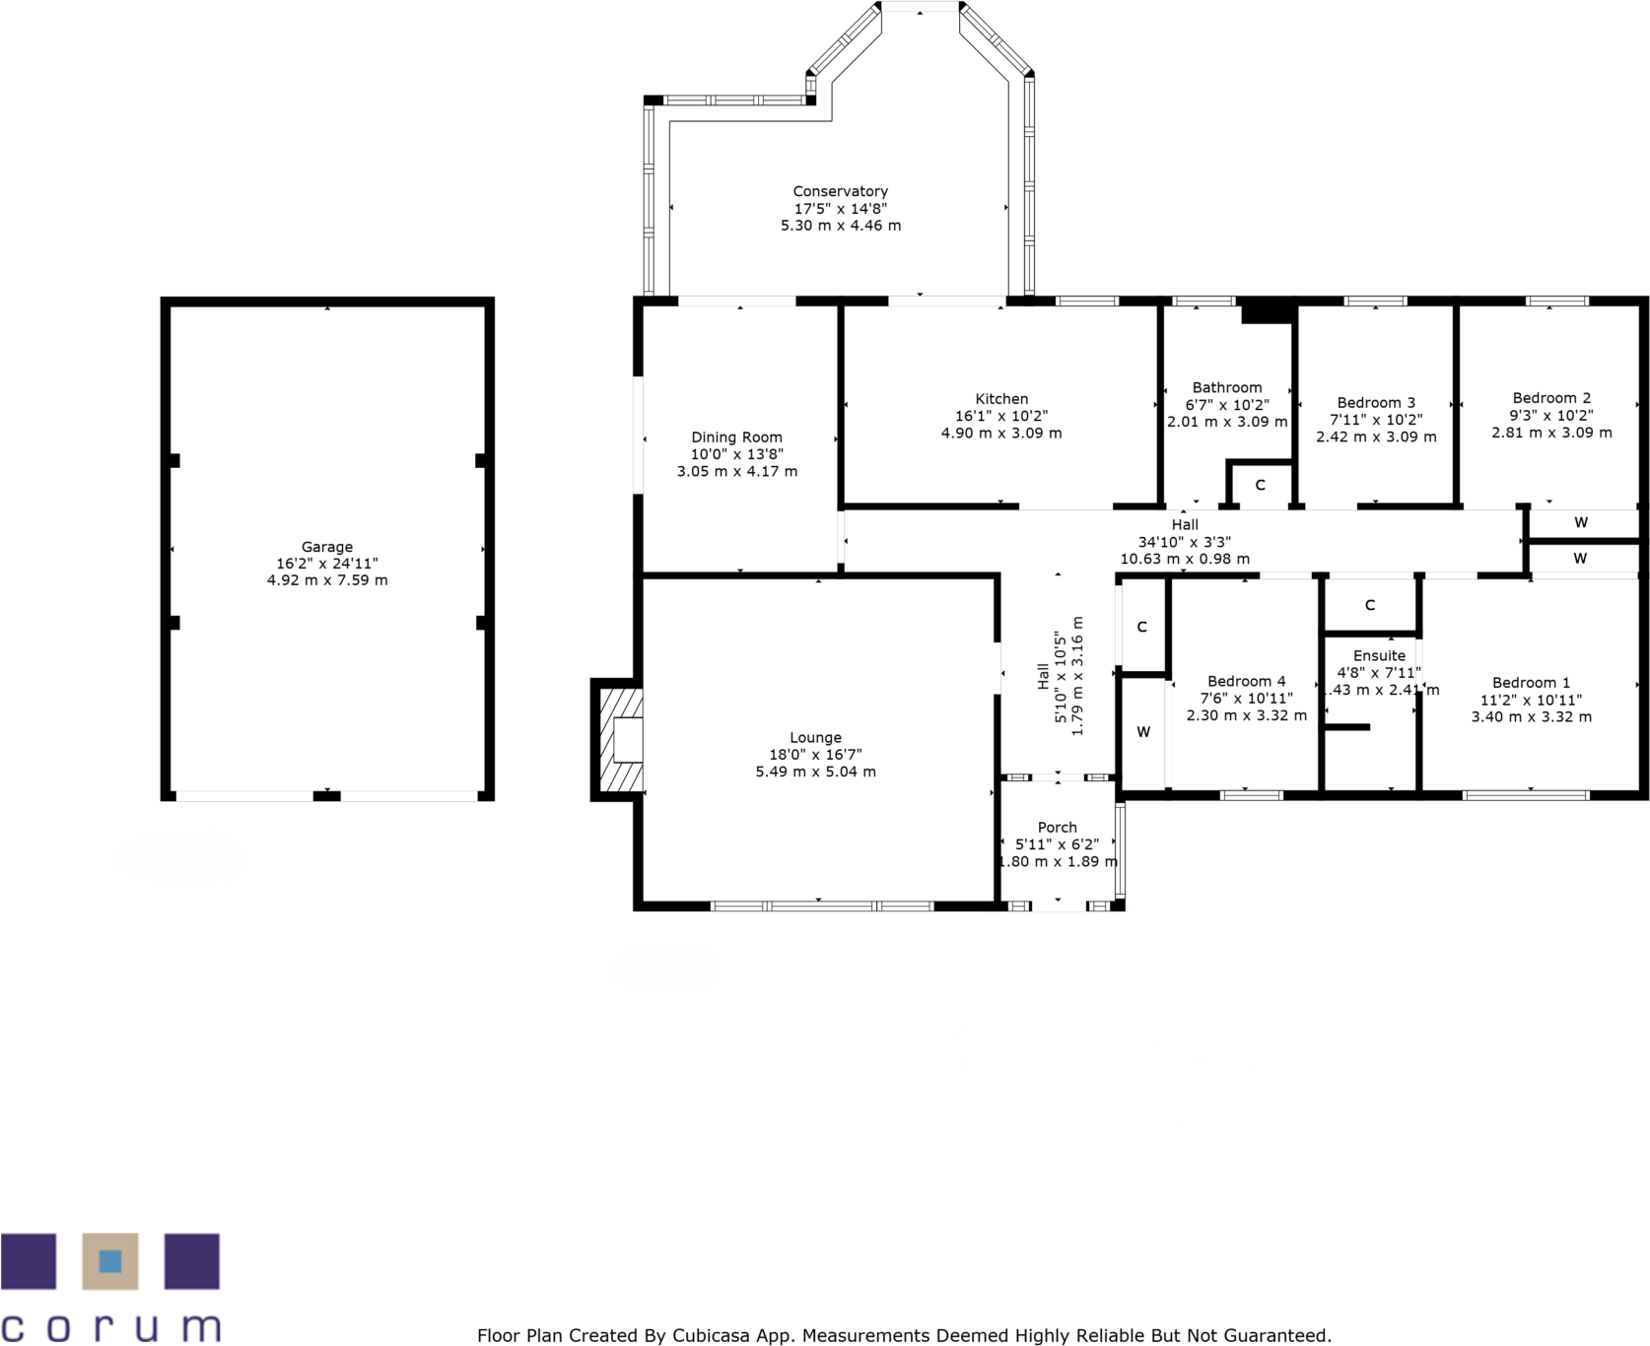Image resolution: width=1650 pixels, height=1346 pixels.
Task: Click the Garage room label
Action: [326, 547]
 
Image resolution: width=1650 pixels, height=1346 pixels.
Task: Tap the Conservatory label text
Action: [840, 191]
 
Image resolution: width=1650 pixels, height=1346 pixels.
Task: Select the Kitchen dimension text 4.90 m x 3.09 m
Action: [1001, 433]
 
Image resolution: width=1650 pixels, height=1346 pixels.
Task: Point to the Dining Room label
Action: [736, 437]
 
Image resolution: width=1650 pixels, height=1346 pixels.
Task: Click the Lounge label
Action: [815, 738]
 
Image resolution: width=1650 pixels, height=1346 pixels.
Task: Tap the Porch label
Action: [1057, 828]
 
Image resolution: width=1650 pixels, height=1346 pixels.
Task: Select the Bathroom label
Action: [1226, 388]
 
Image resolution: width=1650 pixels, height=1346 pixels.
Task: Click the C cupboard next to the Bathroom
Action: [1260, 485]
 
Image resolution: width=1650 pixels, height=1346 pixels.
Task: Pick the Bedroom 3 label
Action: [1376, 403]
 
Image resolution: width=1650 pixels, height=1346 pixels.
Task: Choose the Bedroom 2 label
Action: [1551, 398]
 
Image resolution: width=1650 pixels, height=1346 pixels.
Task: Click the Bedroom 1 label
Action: [1531, 683]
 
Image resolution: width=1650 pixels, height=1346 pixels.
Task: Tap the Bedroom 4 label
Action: [1246, 682]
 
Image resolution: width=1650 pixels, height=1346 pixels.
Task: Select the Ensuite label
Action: [1379, 656]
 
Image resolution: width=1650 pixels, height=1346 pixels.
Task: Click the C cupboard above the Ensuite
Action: [1369, 605]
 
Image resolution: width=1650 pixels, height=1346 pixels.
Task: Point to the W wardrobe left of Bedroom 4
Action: [1143, 732]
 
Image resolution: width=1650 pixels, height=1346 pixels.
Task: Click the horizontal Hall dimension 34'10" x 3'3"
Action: [1184, 542]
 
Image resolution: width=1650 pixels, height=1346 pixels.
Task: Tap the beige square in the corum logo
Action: [109, 1261]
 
